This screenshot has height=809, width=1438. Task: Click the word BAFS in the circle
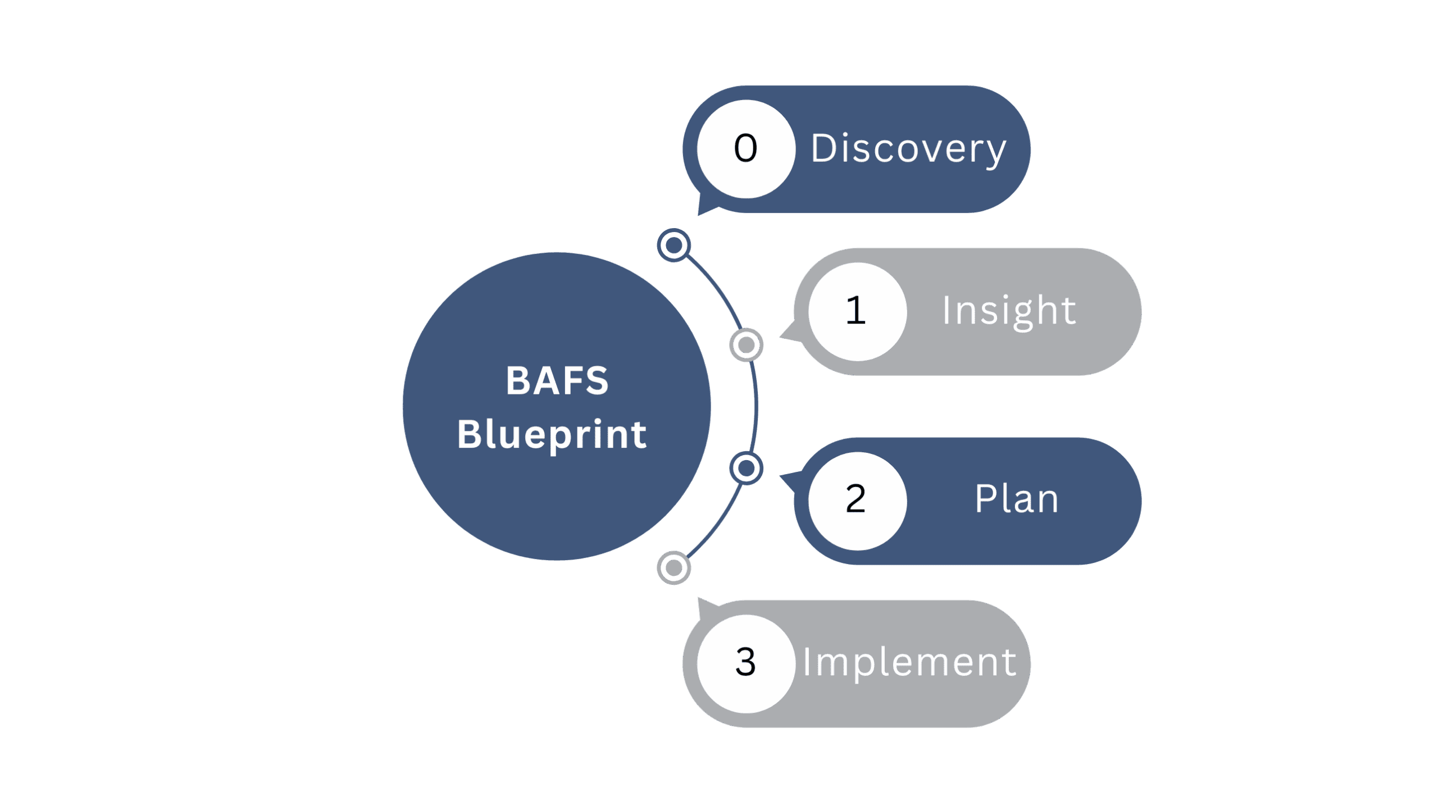557,380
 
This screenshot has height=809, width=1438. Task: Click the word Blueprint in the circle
552,434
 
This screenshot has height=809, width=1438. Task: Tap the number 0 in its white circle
745,149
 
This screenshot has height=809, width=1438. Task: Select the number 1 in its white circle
855,311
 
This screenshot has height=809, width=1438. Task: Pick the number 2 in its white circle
855,499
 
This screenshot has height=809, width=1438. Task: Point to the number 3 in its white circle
745,662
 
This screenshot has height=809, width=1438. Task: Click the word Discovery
908,149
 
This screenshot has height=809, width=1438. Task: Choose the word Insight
1009,311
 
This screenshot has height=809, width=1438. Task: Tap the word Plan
1017,499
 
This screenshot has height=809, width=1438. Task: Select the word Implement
909,662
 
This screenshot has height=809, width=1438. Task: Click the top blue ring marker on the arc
674,245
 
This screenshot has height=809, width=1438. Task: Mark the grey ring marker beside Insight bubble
746,345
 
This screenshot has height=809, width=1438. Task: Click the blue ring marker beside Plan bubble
746,467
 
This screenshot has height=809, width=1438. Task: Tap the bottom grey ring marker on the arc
674,568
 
